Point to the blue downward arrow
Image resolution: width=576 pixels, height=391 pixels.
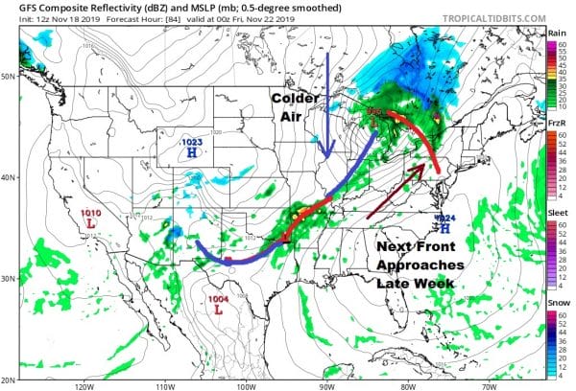pyautogui.click(x=328, y=105)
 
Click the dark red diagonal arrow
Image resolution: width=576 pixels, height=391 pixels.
pyautogui.click(x=395, y=191)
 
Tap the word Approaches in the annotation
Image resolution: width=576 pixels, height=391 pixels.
pyautogui.click(x=420, y=264)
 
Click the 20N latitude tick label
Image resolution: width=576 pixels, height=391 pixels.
pyautogui.click(x=12, y=377)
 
